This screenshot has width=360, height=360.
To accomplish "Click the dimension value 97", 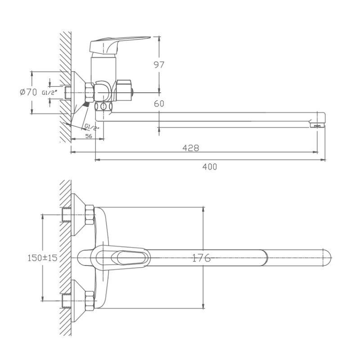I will pos(159,65).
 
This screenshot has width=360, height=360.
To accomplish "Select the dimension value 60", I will pos(159,103).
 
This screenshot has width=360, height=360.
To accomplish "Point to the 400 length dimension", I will pos(209,166).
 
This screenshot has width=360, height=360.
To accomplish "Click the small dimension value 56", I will pos(88,136).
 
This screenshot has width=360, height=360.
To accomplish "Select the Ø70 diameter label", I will pos(28,92).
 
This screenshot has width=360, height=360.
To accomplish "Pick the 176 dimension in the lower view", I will pos(201,258).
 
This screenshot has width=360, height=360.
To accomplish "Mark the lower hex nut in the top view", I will pos(89,300).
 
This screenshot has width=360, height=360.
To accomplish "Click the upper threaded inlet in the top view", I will pos(67,216).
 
